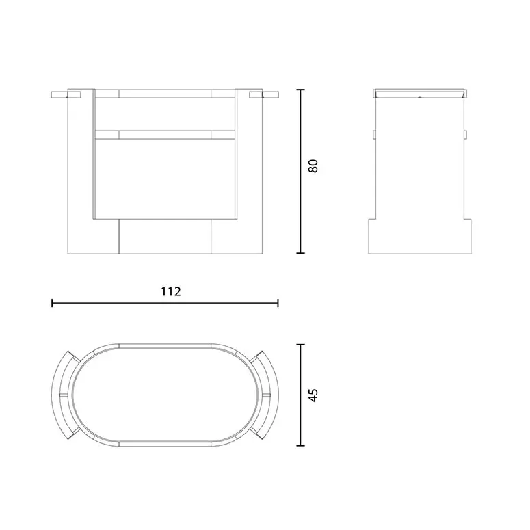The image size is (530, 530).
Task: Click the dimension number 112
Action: click(x=171, y=291)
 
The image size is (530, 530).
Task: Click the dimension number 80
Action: click(x=313, y=166)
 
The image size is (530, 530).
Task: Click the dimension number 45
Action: click(x=313, y=395)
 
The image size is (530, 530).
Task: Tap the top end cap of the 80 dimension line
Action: click(x=300, y=90)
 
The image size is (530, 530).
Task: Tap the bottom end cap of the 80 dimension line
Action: click(x=300, y=253)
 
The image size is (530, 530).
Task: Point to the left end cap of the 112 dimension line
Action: click(x=52, y=303)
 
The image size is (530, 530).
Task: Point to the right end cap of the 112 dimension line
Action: click(x=278, y=303)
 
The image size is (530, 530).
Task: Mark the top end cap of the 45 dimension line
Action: click(x=300, y=345)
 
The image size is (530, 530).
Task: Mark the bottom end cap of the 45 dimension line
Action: click(x=300, y=445)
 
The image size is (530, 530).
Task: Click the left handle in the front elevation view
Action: click(x=66, y=94)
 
